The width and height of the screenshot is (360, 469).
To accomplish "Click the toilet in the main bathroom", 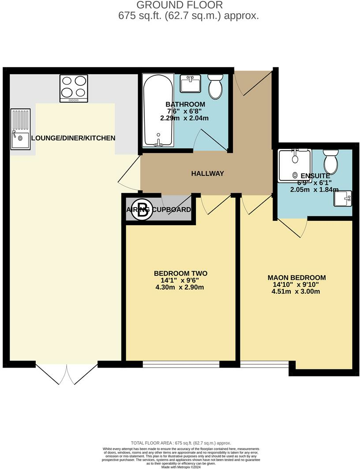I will tap(216, 86).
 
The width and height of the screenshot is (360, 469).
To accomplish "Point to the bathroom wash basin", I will tap(191, 84).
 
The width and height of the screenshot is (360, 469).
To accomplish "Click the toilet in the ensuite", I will tap(330, 162).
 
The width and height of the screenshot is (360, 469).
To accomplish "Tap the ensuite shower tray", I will tap(295, 166).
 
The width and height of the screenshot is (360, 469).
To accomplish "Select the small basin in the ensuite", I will tap(343, 199).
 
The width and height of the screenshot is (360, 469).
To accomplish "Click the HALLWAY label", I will tap(207, 174).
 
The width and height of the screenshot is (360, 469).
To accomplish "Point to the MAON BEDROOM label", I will tap(296, 278).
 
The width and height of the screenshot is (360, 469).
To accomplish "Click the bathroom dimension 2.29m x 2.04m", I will tap(184, 118).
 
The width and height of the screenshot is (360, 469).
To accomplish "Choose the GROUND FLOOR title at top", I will tap(180, 5).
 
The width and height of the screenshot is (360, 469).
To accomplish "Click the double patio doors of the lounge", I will tap(67, 374).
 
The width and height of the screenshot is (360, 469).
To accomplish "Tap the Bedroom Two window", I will tap(181, 364).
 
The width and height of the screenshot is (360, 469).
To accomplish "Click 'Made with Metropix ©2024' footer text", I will tap(181, 467).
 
